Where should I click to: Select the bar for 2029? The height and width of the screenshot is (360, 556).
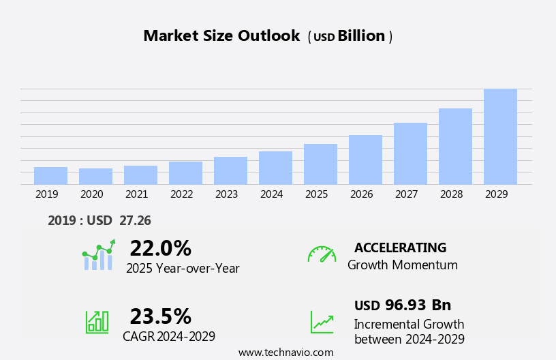(500, 136)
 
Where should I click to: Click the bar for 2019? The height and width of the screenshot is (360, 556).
(50, 175)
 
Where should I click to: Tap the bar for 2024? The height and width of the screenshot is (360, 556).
(275, 168)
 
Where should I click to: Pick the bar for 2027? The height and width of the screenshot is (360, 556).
(410, 153)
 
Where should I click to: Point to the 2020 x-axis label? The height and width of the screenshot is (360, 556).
(91, 194)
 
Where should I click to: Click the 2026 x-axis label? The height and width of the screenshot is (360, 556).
(361, 194)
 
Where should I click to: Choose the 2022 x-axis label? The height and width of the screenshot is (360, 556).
(181, 194)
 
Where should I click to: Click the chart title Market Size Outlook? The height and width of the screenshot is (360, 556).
(221, 36)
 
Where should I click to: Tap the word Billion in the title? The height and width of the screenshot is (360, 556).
(361, 36)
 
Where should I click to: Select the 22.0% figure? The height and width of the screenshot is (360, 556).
(160, 248)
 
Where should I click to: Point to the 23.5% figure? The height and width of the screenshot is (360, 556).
(160, 316)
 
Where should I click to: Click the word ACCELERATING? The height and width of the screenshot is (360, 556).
(400, 247)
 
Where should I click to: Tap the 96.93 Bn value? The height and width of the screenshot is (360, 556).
(418, 305)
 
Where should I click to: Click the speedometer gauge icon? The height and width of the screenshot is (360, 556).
(322, 254)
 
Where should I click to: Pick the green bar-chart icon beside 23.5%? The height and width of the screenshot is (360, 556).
(97, 321)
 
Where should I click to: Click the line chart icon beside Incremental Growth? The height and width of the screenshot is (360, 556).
(322, 322)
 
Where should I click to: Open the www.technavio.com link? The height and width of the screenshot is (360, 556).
(285, 352)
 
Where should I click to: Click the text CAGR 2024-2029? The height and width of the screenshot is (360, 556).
(169, 336)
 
